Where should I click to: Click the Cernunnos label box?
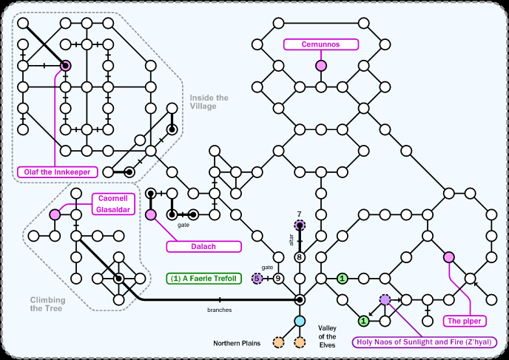(320, 44)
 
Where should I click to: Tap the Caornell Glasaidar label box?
(112, 203)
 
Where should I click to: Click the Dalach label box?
(204, 246)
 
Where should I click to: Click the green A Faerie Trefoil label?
(204, 279)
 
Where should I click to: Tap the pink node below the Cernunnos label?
(321, 66)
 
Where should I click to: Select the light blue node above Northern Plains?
(300, 321)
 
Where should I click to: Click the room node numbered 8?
(300, 257)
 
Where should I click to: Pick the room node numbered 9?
(278, 279)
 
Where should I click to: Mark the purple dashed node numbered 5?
(257, 279)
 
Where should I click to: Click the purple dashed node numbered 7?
(300, 225)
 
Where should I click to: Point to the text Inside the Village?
(209, 102)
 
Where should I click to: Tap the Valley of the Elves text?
(327, 337)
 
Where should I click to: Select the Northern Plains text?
(237, 343)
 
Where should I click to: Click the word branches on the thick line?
(219, 308)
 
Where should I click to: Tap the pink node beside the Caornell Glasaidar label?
(55, 214)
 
